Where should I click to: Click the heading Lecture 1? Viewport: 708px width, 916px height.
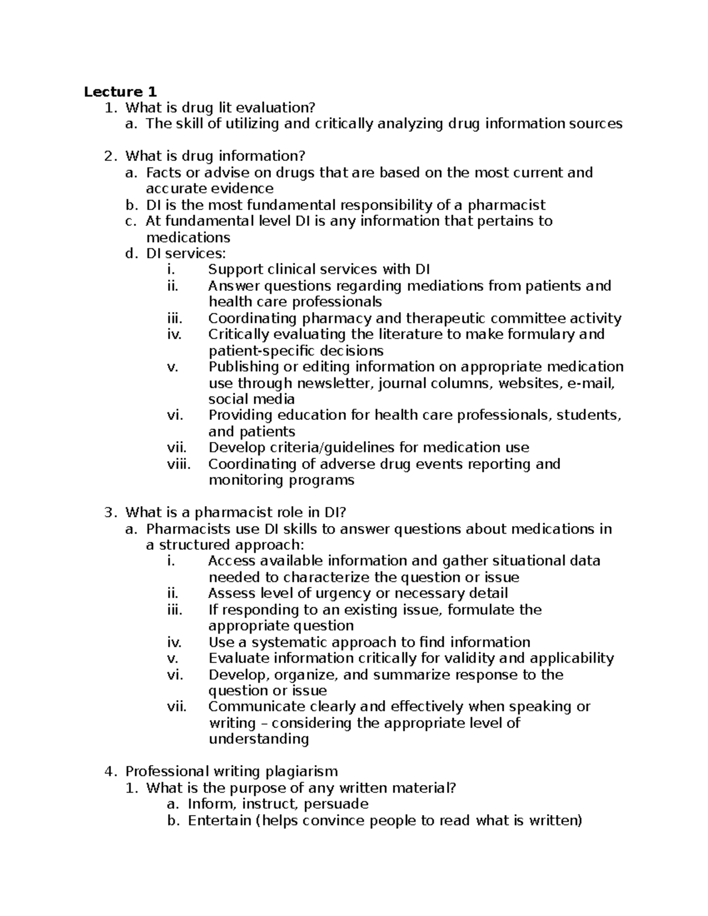point(120,91)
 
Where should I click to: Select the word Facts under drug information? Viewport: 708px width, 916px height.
point(163,172)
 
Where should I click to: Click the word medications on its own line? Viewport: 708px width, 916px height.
point(188,237)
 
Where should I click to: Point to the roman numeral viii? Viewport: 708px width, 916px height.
point(179,464)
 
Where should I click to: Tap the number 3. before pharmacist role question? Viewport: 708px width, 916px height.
point(110,513)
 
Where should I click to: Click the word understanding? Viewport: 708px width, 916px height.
point(258,739)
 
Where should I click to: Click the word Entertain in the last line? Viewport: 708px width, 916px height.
point(219,820)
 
